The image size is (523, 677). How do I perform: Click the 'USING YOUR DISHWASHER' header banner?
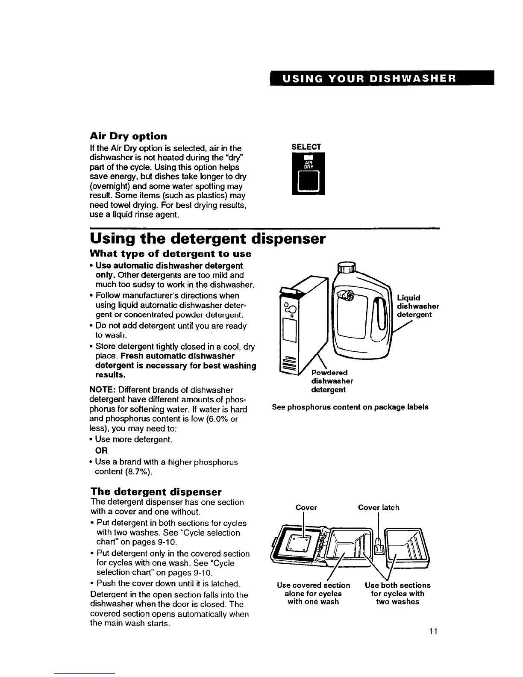(381, 79)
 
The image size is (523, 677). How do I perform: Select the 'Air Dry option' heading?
(128, 136)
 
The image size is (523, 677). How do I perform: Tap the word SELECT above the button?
(306, 147)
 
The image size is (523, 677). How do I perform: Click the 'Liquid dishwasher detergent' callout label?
(417, 306)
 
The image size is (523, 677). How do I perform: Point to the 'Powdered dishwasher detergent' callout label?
(332, 381)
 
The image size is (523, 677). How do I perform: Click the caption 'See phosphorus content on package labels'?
(350, 407)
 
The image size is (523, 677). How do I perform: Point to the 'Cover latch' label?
(379, 507)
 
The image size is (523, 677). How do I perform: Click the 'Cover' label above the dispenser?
(306, 507)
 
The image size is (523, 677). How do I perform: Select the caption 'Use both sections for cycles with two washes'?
(397, 593)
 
